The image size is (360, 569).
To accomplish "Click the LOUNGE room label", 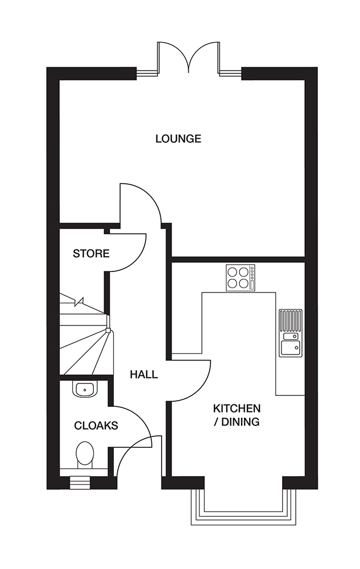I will pyautogui.click(x=178, y=138).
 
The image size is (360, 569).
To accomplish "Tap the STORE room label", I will pyautogui.click(x=91, y=254).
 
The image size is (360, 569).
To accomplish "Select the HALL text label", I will pyautogui.click(x=144, y=374).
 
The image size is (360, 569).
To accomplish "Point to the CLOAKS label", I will pyautogui.click(x=96, y=425).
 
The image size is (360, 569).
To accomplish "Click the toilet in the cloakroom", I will pyautogui.click(x=85, y=454).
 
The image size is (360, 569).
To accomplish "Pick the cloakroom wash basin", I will pyautogui.click(x=85, y=389).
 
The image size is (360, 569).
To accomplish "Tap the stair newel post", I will pyautogui.click(x=108, y=329).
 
